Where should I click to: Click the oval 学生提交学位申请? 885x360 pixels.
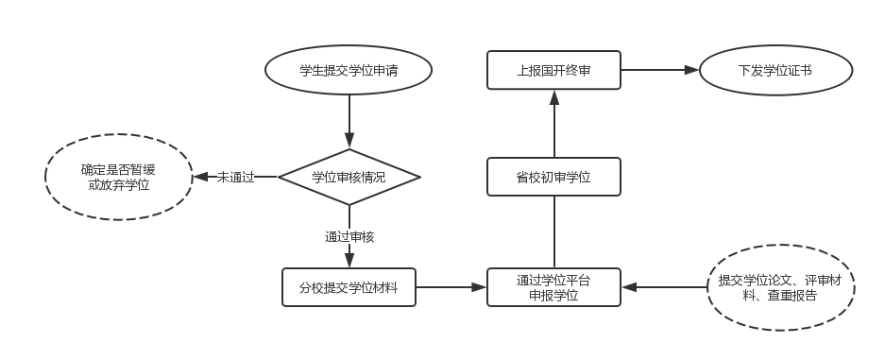[x=350, y=71]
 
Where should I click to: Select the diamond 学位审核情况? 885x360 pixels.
[x=349, y=177]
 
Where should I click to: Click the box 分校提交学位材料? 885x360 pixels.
[x=349, y=287]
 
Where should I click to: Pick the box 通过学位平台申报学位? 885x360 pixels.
[x=553, y=287]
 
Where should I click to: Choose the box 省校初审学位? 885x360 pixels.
[x=553, y=177]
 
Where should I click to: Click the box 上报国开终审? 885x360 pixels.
[x=553, y=71]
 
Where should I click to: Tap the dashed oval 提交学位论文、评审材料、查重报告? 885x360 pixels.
[x=780, y=287]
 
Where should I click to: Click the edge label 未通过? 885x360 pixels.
[x=235, y=177]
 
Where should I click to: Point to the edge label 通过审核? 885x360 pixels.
[x=349, y=236]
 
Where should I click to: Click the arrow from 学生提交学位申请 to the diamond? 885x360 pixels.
[x=349, y=121]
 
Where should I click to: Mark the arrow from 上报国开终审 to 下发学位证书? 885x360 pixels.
[x=659, y=71]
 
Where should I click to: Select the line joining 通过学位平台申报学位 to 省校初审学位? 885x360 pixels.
[x=553, y=232]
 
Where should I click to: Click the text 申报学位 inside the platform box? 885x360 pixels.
[x=553, y=296]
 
